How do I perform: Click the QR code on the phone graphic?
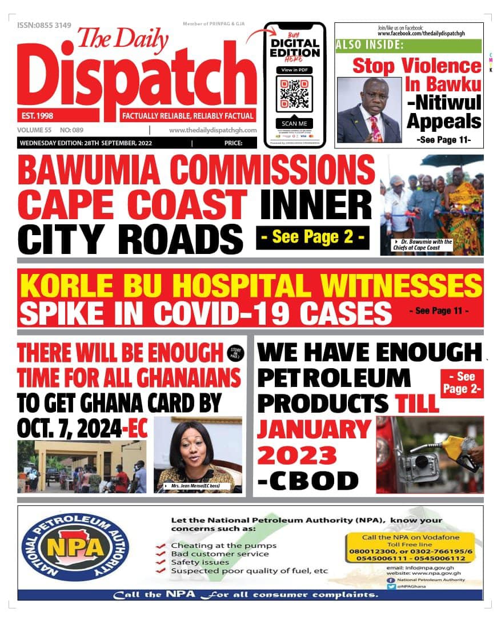[x=294, y=94]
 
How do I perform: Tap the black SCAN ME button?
[x=294, y=123]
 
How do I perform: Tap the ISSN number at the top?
[x=45, y=25]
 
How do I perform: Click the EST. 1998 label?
[x=35, y=116]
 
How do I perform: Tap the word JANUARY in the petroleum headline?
[x=314, y=429]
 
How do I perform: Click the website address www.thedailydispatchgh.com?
[x=213, y=130]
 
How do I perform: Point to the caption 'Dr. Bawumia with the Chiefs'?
[x=423, y=244]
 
